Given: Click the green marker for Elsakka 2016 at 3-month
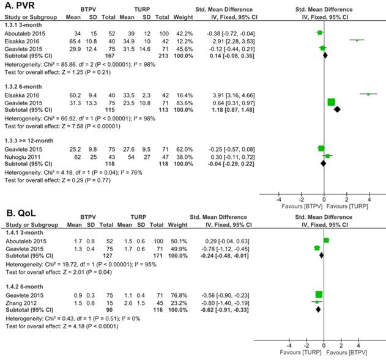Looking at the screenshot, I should pos(357,40).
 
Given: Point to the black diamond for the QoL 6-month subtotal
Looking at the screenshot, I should pos(318,310).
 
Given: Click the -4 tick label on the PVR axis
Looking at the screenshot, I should pos(279,199).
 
